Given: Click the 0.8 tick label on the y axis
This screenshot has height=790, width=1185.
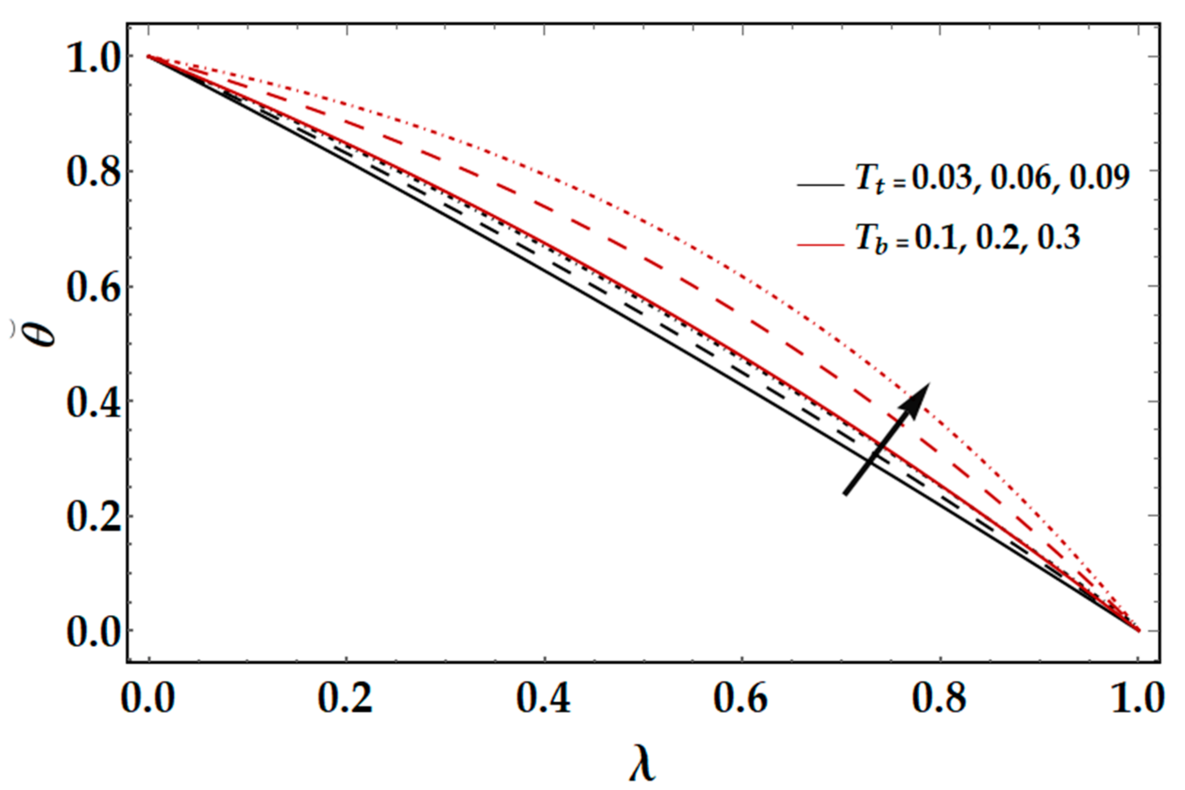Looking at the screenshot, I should point(94,173).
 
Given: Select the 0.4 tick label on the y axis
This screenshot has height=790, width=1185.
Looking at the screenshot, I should point(94,403).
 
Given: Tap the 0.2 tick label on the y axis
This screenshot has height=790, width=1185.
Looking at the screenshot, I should point(94,518).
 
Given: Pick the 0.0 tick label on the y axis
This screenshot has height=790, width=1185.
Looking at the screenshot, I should point(94,632).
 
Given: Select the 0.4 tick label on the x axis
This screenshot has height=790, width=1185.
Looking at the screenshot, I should point(544,700).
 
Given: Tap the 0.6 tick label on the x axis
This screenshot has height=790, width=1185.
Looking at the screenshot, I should point(741,700).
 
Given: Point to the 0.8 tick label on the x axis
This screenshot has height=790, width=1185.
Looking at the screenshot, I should point(939,700).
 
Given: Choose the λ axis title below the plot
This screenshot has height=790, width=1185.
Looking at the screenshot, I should point(643,766).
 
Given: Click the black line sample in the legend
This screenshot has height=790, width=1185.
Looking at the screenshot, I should point(820,185).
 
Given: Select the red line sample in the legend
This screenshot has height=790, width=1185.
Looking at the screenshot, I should point(820,245).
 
